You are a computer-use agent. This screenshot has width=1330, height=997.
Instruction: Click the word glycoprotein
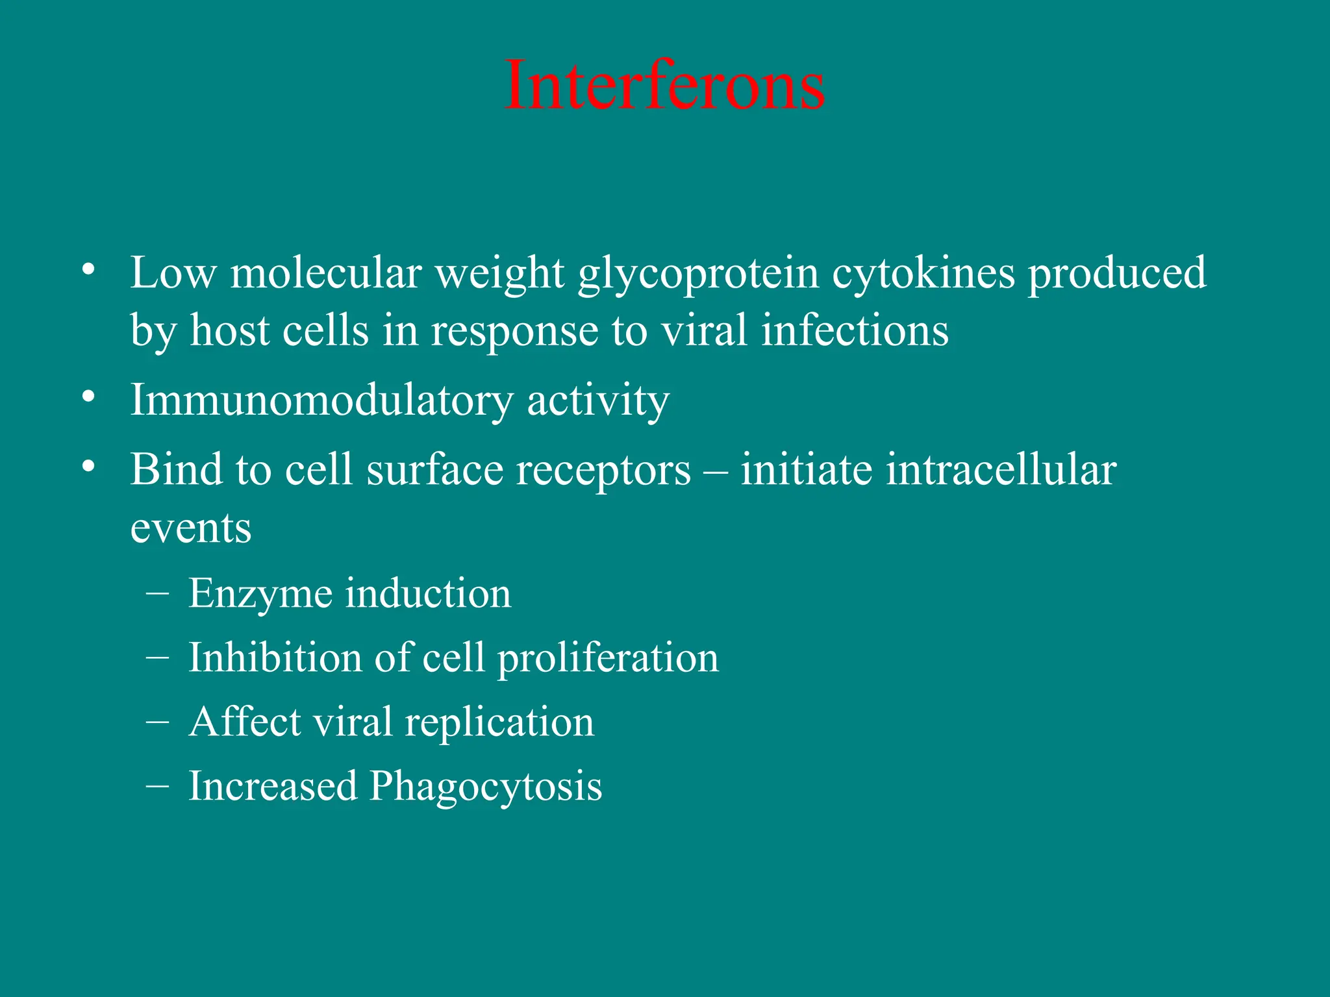click(698, 274)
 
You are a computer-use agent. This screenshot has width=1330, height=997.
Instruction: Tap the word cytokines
click(923, 273)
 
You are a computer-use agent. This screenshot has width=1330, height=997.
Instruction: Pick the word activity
click(597, 400)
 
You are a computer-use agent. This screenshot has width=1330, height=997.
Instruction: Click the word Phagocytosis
click(486, 787)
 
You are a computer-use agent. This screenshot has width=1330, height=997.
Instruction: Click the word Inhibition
click(274, 658)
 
